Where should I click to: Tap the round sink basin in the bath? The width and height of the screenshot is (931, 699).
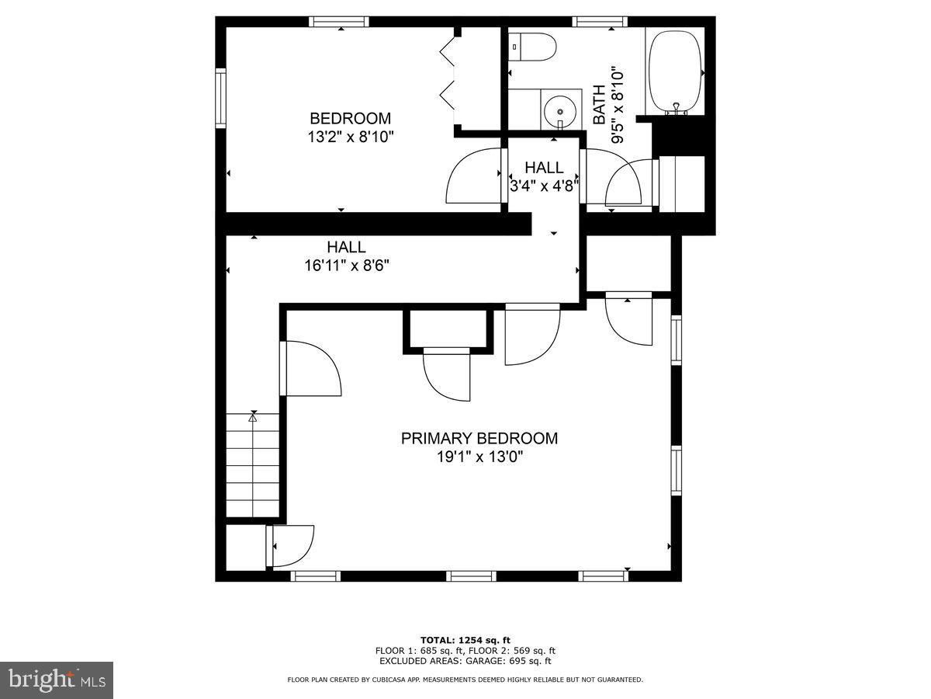click(560, 112)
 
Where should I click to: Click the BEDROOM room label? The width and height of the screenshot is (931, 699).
click(350, 119)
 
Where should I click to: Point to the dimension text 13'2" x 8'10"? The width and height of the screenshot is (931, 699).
click(350, 137)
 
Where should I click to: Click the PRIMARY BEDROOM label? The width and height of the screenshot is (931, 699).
click(479, 438)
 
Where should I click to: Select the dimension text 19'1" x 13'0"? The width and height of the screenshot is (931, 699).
click(479, 457)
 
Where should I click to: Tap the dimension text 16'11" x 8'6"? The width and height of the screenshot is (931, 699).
click(346, 265)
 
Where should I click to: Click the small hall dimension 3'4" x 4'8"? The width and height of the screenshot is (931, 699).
click(544, 186)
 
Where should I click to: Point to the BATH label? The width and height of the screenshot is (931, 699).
click(599, 106)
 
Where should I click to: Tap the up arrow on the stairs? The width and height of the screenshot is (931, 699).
click(252, 418)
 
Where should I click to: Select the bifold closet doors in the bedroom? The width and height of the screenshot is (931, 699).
click(448, 74)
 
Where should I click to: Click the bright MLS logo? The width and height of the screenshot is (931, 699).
click(57, 680)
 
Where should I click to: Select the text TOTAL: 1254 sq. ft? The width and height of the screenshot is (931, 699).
click(465, 640)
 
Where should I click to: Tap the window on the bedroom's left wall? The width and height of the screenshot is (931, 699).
click(220, 97)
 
